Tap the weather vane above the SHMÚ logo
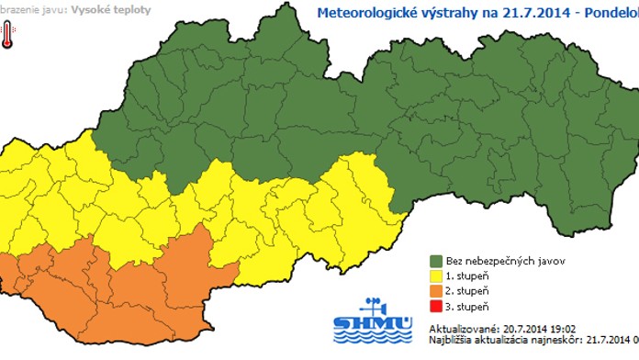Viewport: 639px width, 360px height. point(374,306)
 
